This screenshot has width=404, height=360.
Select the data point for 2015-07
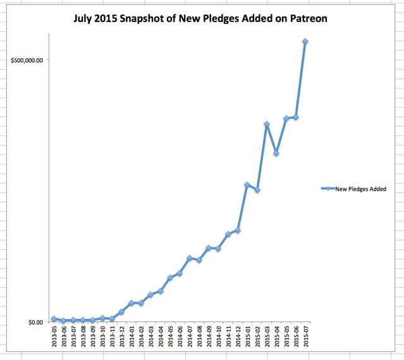(x=305, y=42)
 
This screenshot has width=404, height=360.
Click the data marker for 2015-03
(x=267, y=125)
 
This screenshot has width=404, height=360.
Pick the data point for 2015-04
(x=276, y=153)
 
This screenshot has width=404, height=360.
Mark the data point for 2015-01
(x=247, y=185)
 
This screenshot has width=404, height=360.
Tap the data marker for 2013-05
(x=54, y=319)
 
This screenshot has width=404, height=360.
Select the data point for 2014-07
(x=189, y=258)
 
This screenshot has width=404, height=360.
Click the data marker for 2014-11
(x=228, y=234)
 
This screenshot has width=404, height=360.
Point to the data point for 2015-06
(x=296, y=117)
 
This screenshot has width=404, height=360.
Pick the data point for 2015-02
(x=257, y=190)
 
